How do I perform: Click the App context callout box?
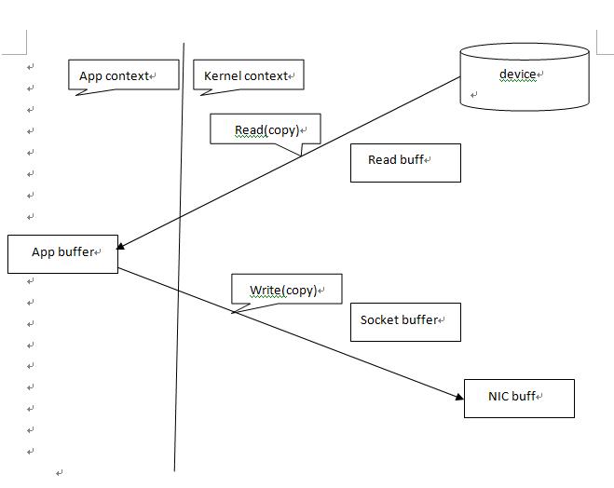[123, 75]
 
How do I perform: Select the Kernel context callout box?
[249, 75]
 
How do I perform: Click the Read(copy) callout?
[265, 129]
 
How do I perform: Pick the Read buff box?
[405, 162]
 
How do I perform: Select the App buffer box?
[62, 253]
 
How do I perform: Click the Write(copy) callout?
[286, 289]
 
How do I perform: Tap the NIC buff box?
[519, 398]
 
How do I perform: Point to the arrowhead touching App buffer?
[122, 246]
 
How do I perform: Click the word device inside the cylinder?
[517, 75]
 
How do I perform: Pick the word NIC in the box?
[498, 396]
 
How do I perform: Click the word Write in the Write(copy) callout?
[265, 290]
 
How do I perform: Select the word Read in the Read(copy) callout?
[249, 130]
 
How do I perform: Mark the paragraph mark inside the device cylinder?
[474, 95]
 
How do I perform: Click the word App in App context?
[90, 76]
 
